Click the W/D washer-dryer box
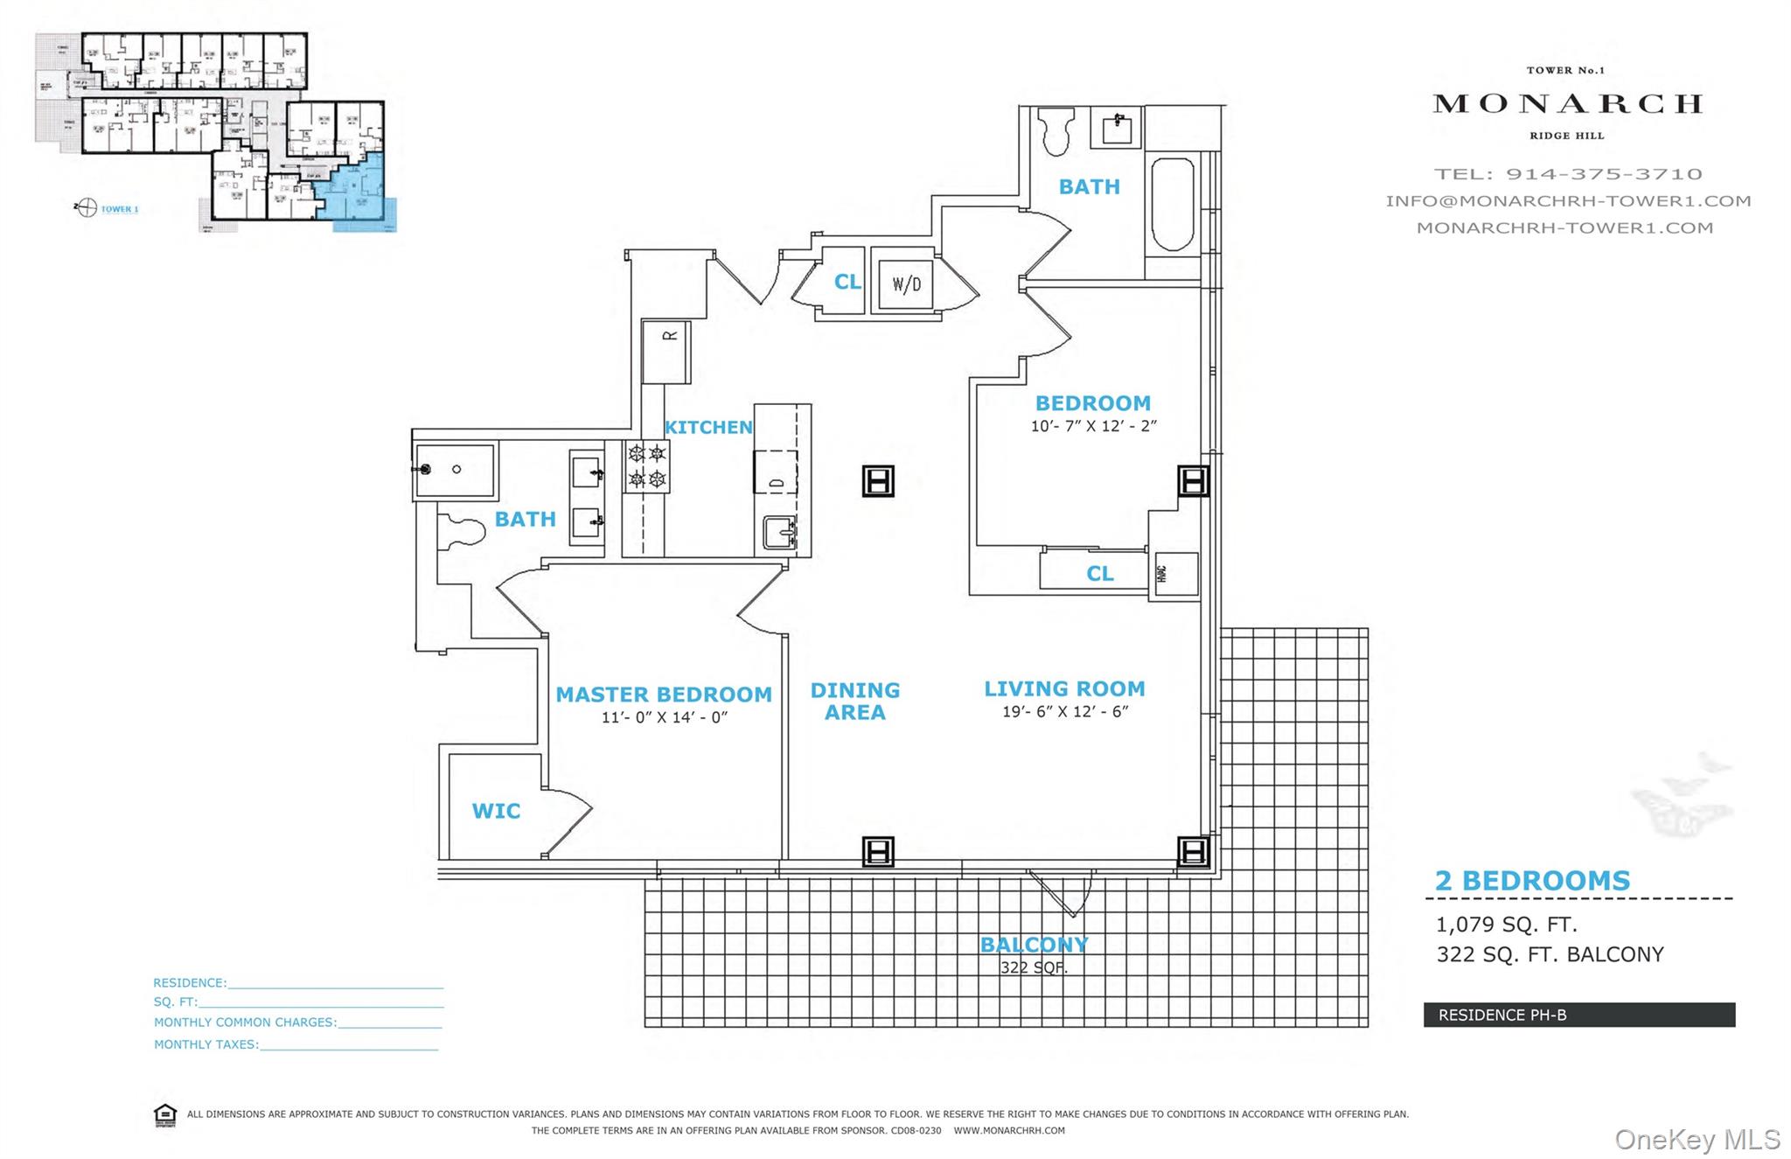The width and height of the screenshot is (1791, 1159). (x=906, y=283)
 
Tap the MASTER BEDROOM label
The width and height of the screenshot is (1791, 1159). (x=664, y=695)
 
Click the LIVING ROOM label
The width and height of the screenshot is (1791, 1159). (x=1064, y=689)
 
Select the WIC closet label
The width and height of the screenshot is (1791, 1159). (x=496, y=811)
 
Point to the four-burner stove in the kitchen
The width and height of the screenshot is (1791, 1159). (x=646, y=466)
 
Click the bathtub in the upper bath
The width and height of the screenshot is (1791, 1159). (x=1172, y=205)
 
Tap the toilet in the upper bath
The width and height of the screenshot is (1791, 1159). (x=1057, y=131)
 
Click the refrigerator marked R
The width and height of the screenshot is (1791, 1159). (x=666, y=352)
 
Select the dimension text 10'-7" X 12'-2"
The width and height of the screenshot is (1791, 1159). (x=1093, y=427)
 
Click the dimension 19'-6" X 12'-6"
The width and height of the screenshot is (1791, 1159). (x=1065, y=712)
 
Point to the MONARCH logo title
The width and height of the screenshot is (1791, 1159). (x=1567, y=104)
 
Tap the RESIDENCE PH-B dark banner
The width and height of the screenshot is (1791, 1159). (x=1578, y=1015)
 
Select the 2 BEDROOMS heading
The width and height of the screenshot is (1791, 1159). (x=1532, y=881)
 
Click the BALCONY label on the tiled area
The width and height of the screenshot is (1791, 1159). (x=1034, y=945)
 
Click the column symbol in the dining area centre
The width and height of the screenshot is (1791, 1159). (x=878, y=481)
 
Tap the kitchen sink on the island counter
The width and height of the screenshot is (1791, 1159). (x=778, y=532)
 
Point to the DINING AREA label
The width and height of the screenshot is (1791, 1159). (x=854, y=702)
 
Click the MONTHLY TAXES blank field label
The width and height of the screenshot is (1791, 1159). (x=206, y=1044)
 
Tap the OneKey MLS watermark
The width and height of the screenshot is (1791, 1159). (x=1697, y=1140)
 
